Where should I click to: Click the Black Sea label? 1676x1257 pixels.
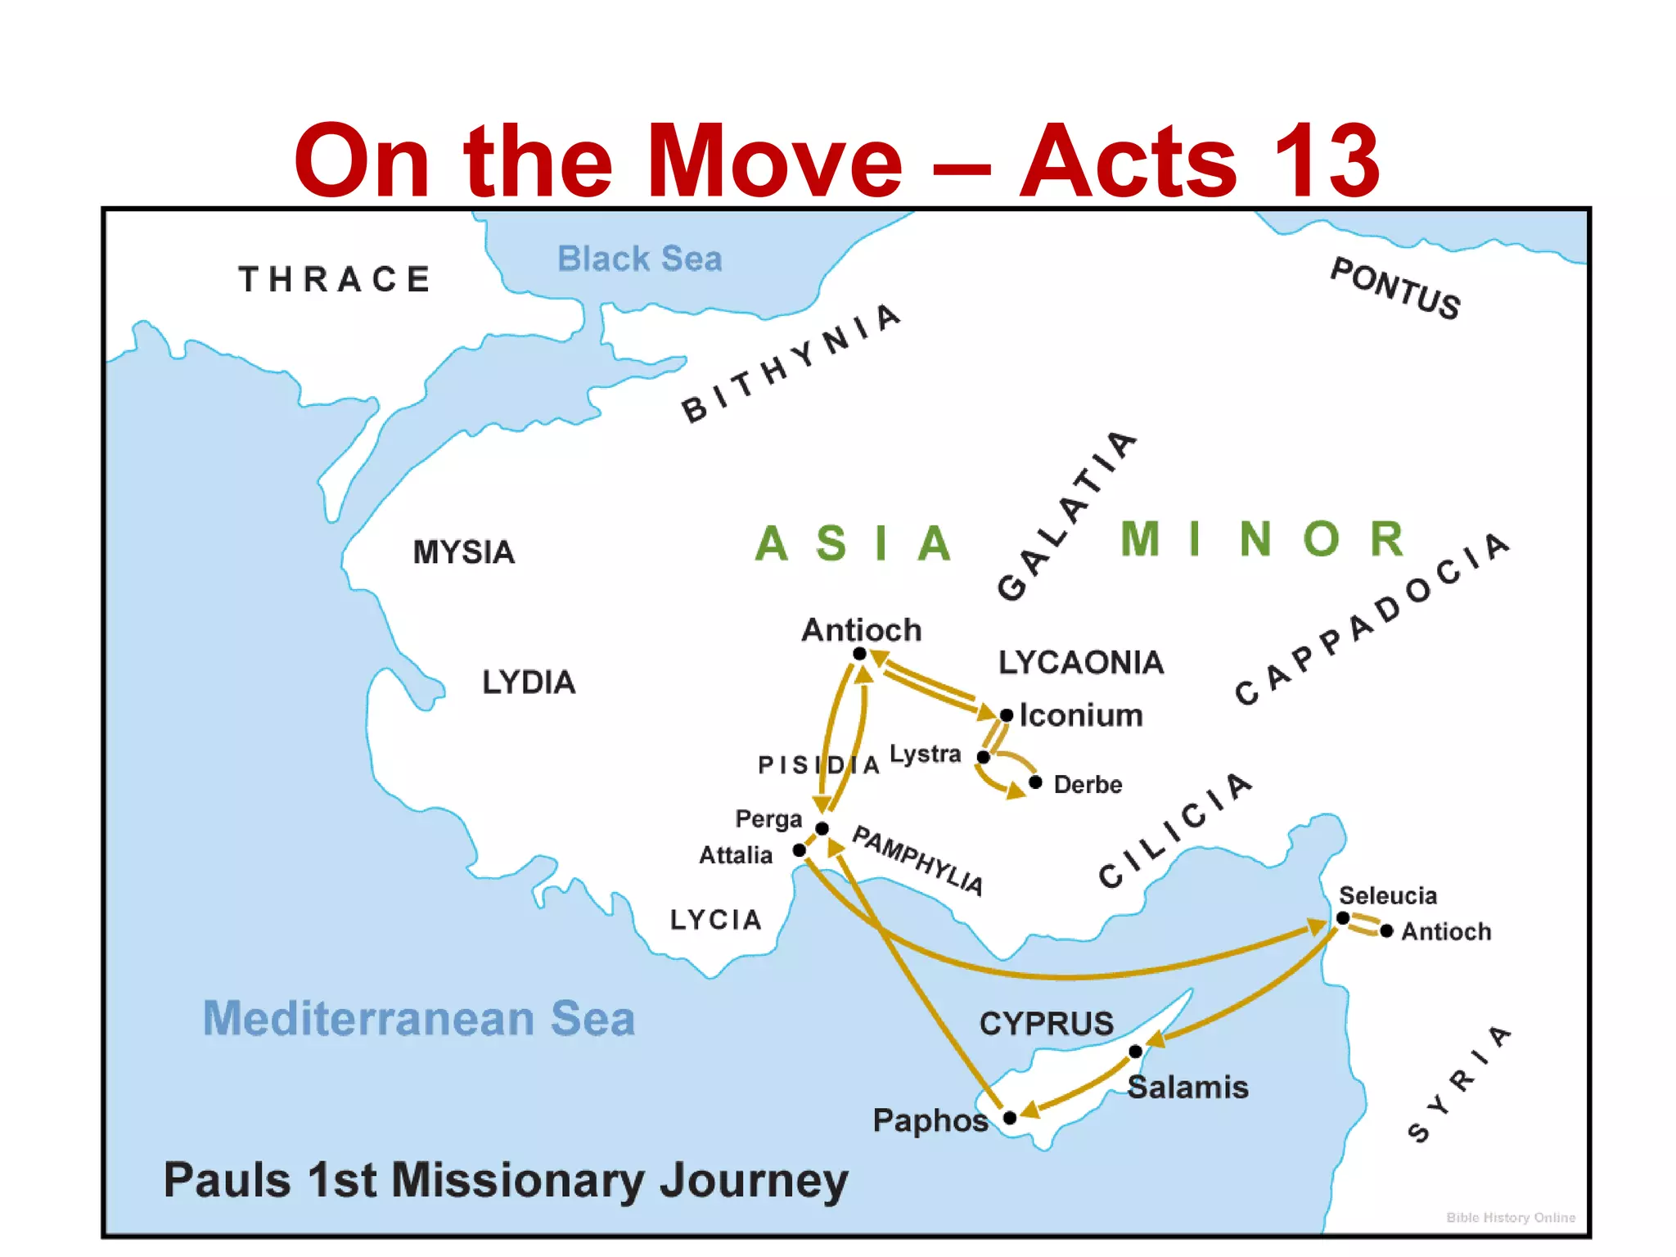click(x=640, y=259)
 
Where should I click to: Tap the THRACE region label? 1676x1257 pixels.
click(x=335, y=279)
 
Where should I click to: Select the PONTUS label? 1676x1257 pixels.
click(x=1396, y=288)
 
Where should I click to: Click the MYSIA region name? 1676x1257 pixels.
click(x=464, y=552)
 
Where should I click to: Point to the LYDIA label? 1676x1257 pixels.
click(x=529, y=683)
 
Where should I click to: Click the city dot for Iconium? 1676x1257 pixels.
click(x=1007, y=715)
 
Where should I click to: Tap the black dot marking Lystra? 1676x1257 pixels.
click(x=984, y=757)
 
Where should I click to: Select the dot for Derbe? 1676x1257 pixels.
click(x=1035, y=782)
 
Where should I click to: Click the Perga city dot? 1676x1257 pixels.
click(x=822, y=829)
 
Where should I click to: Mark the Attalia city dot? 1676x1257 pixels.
click(x=800, y=850)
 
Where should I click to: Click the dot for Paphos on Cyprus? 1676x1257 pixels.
click(x=1010, y=1118)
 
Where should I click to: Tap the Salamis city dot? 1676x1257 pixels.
click(x=1135, y=1052)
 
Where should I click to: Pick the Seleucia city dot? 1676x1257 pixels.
click(x=1343, y=918)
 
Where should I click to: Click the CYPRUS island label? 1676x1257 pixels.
click(x=1047, y=1024)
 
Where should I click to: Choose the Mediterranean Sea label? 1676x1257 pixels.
click(x=419, y=1019)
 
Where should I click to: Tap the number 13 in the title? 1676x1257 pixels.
click(x=1326, y=160)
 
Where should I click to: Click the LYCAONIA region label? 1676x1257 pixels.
click(x=1081, y=663)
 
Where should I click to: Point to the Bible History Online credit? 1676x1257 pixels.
click(x=1511, y=1218)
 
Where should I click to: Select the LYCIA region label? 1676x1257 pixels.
click(x=716, y=920)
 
